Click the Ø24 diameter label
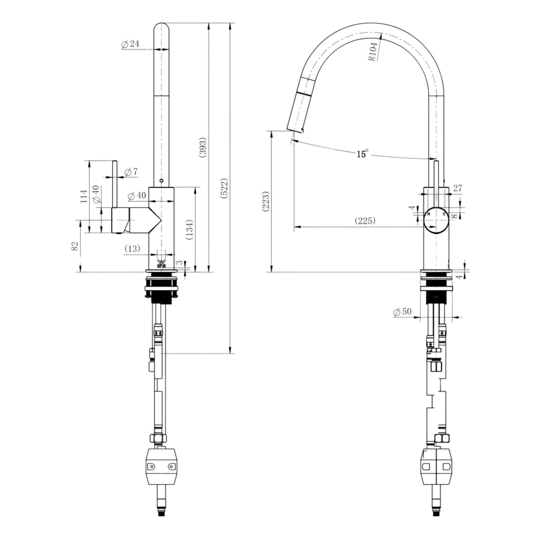[x=130, y=44]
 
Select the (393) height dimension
[x=203, y=148]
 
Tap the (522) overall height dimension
[x=224, y=188]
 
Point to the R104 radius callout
[x=374, y=52]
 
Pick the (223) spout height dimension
[x=266, y=202]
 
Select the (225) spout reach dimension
[x=365, y=220]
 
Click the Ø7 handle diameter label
[x=132, y=171]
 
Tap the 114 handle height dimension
[x=84, y=196]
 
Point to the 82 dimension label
[x=75, y=246]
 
